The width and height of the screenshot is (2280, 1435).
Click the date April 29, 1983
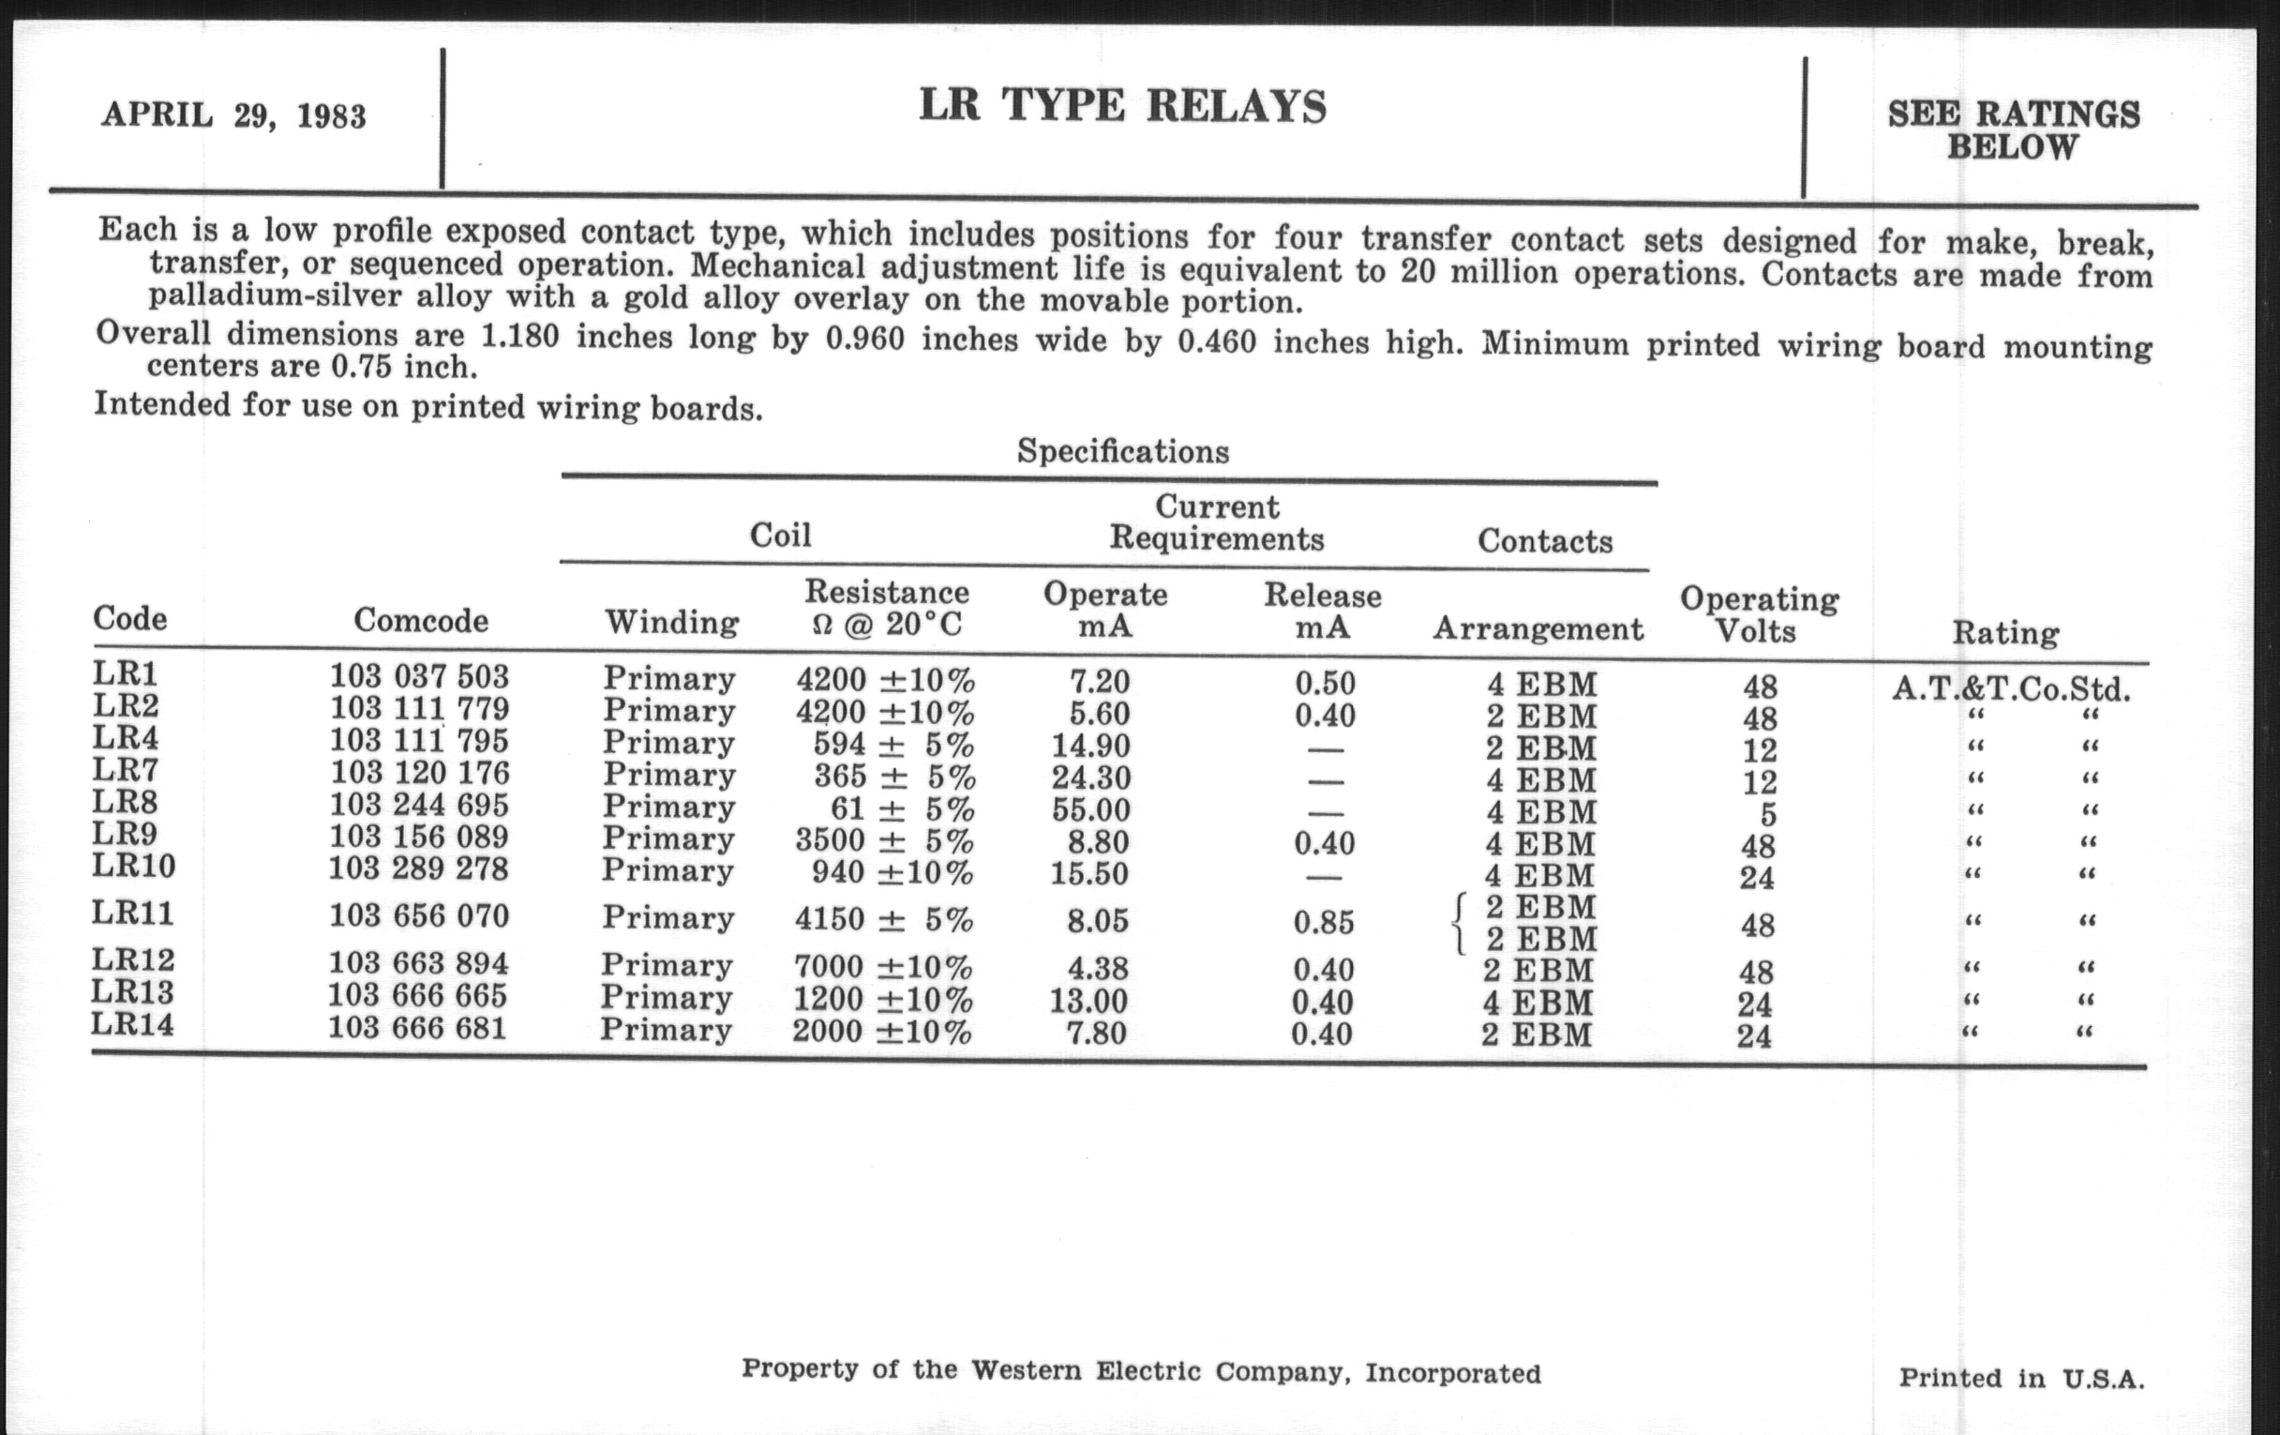(x=232, y=115)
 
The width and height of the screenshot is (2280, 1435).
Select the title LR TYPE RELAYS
(x=1123, y=106)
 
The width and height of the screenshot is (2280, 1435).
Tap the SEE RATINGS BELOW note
(x=2013, y=130)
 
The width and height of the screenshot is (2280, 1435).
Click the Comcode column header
(x=421, y=620)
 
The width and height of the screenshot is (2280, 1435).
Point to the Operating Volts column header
(x=1759, y=614)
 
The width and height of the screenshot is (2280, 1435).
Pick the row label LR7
(x=125, y=770)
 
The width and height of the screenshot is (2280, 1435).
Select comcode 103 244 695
(x=419, y=805)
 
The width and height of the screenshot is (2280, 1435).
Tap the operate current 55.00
(x=1090, y=809)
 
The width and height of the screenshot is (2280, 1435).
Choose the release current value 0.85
(x=1324, y=922)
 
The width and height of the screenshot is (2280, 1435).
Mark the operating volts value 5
(x=1766, y=815)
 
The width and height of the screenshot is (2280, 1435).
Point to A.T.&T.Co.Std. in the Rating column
(x=2011, y=688)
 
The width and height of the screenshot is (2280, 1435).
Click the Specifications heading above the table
(x=1123, y=452)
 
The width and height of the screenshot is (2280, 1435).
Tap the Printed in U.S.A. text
(x=2021, y=1378)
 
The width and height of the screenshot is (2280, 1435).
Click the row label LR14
(x=132, y=1025)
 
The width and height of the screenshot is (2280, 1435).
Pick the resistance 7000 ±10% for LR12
(x=882, y=967)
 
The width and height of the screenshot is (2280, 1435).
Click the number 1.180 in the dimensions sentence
(x=519, y=337)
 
